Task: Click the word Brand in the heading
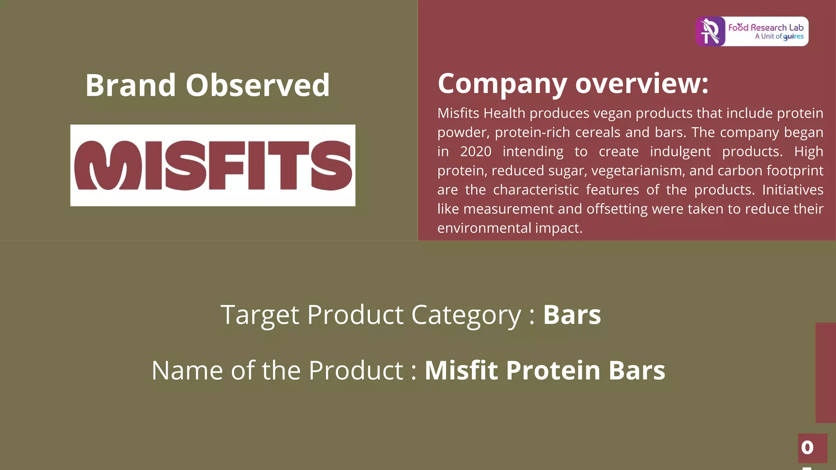click(x=131, y=85)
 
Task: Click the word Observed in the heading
click(x=258, y=85)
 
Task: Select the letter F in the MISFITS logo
click(x=227, y=165)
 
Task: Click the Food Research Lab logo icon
click(x=711, y=31)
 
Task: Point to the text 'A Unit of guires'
click(x=779, y=37)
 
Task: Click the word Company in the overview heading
click(x=502, y=84)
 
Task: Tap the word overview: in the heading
click(x=642, y=84)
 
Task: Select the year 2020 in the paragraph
click(x=476, y=152)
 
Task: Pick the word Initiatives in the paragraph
click(x=792, y=190)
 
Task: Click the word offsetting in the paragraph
click(x=617, y=209)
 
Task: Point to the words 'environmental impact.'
click(x=509, y=228)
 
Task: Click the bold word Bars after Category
click(x=571, y=315)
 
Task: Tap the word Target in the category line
click(x=260, y=315)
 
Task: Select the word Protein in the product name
click(x=554, y=370)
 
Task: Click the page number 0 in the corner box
click(x=807, y=448)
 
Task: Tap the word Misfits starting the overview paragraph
click(x=458, y=113)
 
